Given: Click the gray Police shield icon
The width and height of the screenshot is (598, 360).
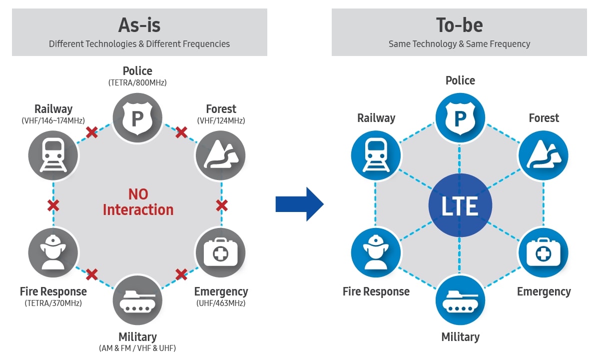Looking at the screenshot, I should tap(137, 118).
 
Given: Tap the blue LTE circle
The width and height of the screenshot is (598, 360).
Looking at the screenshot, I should tap(460, 205).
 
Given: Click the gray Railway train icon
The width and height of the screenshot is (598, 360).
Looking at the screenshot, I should tap(53, 155).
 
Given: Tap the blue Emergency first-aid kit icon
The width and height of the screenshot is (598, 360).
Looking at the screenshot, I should tap(543, 253).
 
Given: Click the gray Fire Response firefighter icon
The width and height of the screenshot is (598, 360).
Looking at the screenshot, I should tap(53, 253).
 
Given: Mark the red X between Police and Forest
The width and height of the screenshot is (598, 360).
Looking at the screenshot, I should tap(181, 132).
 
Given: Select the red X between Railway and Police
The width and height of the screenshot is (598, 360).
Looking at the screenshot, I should tap(92, 132).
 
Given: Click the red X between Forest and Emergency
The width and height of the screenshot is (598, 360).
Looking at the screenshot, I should tap(222, 205).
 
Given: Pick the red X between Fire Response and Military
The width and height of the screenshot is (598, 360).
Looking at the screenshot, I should tap(92, 274).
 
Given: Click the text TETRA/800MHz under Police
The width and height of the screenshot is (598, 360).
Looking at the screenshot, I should tap(137, 83).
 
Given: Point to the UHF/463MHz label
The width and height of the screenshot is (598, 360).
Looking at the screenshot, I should tap(221, 303).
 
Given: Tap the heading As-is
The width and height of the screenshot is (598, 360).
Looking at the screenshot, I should tap(139, 25).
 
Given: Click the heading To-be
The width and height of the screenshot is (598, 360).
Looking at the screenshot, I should tap(459, 25).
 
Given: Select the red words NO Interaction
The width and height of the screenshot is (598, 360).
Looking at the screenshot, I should tap(138, 201).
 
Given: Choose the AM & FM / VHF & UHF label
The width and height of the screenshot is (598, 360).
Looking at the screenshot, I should tap(137, 348).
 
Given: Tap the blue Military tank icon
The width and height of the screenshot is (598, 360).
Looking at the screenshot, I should tap(460, 300).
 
